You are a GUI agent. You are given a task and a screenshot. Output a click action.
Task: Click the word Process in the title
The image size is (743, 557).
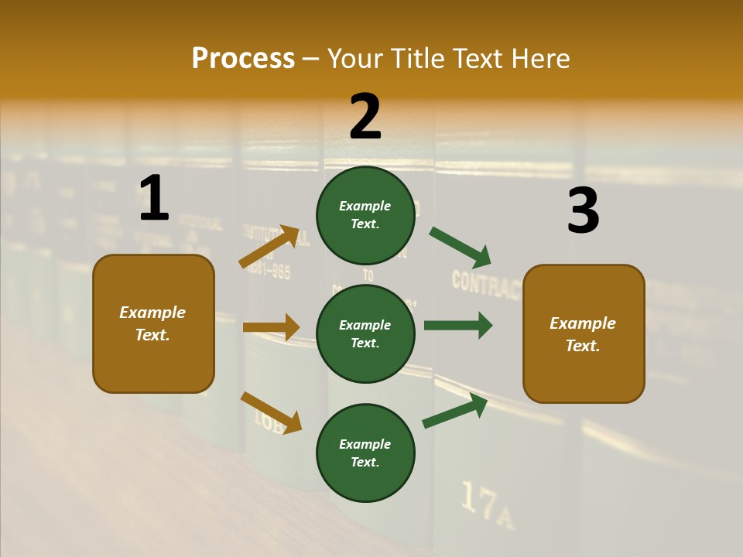click(243, 59)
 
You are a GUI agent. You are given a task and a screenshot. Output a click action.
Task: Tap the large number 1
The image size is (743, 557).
click(153, 199)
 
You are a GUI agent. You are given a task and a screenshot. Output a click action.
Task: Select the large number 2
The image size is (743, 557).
click(365, 118)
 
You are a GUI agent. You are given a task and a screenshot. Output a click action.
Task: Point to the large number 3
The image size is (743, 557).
click(583, 211)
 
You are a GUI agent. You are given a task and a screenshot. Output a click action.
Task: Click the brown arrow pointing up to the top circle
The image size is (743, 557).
click(269, 246)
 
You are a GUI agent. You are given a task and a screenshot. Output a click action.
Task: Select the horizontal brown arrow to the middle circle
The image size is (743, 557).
click(271, 327)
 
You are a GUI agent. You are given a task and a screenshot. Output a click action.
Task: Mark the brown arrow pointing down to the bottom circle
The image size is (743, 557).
click(271, 412)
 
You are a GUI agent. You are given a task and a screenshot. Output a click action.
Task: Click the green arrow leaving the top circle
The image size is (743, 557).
click(460, 247)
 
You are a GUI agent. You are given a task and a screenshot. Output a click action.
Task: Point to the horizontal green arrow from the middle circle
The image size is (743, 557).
click(457, 325)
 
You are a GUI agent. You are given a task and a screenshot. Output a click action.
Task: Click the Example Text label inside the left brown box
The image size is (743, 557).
click(152, 323)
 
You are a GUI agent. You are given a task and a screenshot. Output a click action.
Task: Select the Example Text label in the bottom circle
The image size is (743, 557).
click(365, 453)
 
